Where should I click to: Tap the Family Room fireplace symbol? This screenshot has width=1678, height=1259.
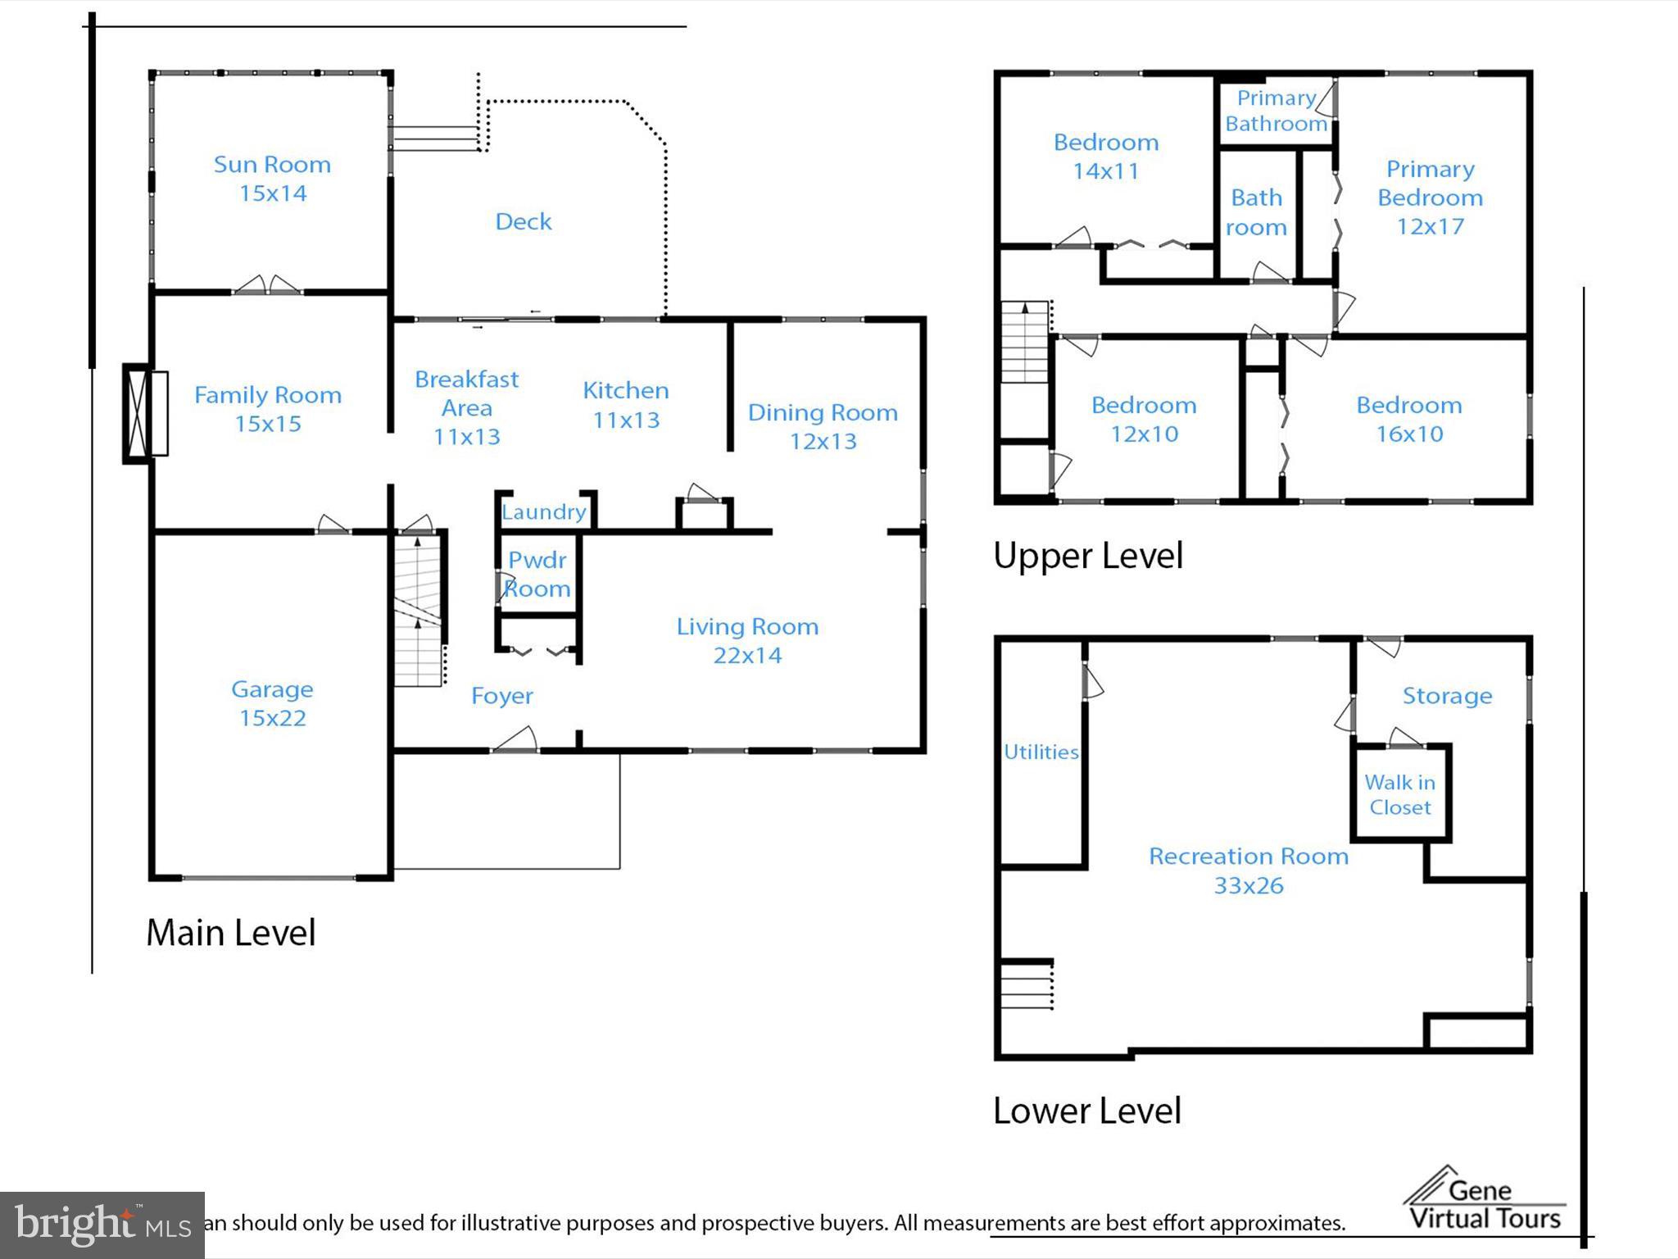tap(145, 413)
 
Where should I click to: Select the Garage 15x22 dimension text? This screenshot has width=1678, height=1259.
tap(272, 718)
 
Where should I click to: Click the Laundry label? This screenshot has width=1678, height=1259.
tap(544, 512)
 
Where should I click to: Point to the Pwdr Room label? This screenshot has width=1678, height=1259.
tap(537, 574)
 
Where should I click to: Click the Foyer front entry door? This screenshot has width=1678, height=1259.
tap(515, 740)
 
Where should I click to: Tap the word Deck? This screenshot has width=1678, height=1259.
tap(523, 221)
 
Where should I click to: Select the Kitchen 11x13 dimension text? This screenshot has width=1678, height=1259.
tap(626, 420)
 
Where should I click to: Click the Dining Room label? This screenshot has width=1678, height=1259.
tap(823, 412)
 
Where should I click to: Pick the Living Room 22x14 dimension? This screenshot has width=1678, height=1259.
tap(747, 656)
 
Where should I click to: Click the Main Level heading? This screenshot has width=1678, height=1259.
tap(231, 933)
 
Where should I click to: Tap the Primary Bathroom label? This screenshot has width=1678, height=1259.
tap(1276, 111)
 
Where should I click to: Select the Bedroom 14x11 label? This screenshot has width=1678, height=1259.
tap(1106, 157)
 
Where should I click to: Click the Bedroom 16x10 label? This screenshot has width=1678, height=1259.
tap(1408, 419)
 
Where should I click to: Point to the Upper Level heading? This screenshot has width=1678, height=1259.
tap(1088, 556)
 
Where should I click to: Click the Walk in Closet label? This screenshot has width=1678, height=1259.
tap(1399, 794)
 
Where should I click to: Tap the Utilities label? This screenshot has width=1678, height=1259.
tap(1041, 752)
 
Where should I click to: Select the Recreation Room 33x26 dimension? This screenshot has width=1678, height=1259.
tap(1249, 886)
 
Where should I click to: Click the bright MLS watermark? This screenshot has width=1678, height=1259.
tap(102, 1225)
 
